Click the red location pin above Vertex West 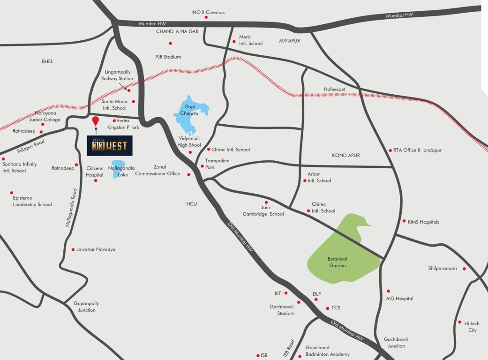(x=96, y=120)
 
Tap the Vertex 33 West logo (x=110, y=146)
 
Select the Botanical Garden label (x=338, y=262)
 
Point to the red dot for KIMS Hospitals (x=404, y=221)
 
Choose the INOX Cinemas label (x=208, y=12)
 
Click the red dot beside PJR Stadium (x=170, y=44)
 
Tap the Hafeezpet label (x=334, y=89)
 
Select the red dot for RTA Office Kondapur (x=390, y=150)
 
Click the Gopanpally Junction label (x=86, y=307)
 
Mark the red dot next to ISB (x=257, y=355)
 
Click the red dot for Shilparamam (x=464, y=269)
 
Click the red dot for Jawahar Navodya (x=73, y=249)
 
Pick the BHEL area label (x=47, y=61)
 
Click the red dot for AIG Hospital (x=388, y=291)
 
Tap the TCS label (x=336, y=308)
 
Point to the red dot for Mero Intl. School (x=234, y=42)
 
